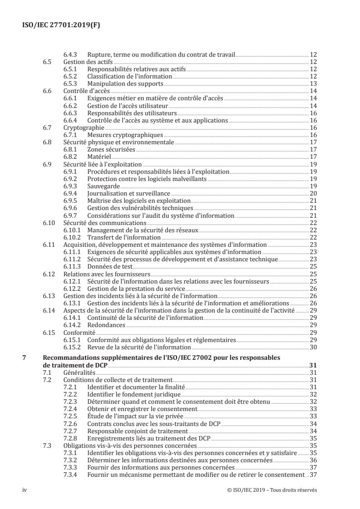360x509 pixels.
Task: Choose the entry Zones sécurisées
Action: [111, 148]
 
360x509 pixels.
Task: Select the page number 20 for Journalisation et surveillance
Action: [313, 193]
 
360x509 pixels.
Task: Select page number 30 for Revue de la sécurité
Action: [313, 347]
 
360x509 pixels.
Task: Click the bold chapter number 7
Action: [24, 358]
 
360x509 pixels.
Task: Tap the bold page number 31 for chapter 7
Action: [313, 365]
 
